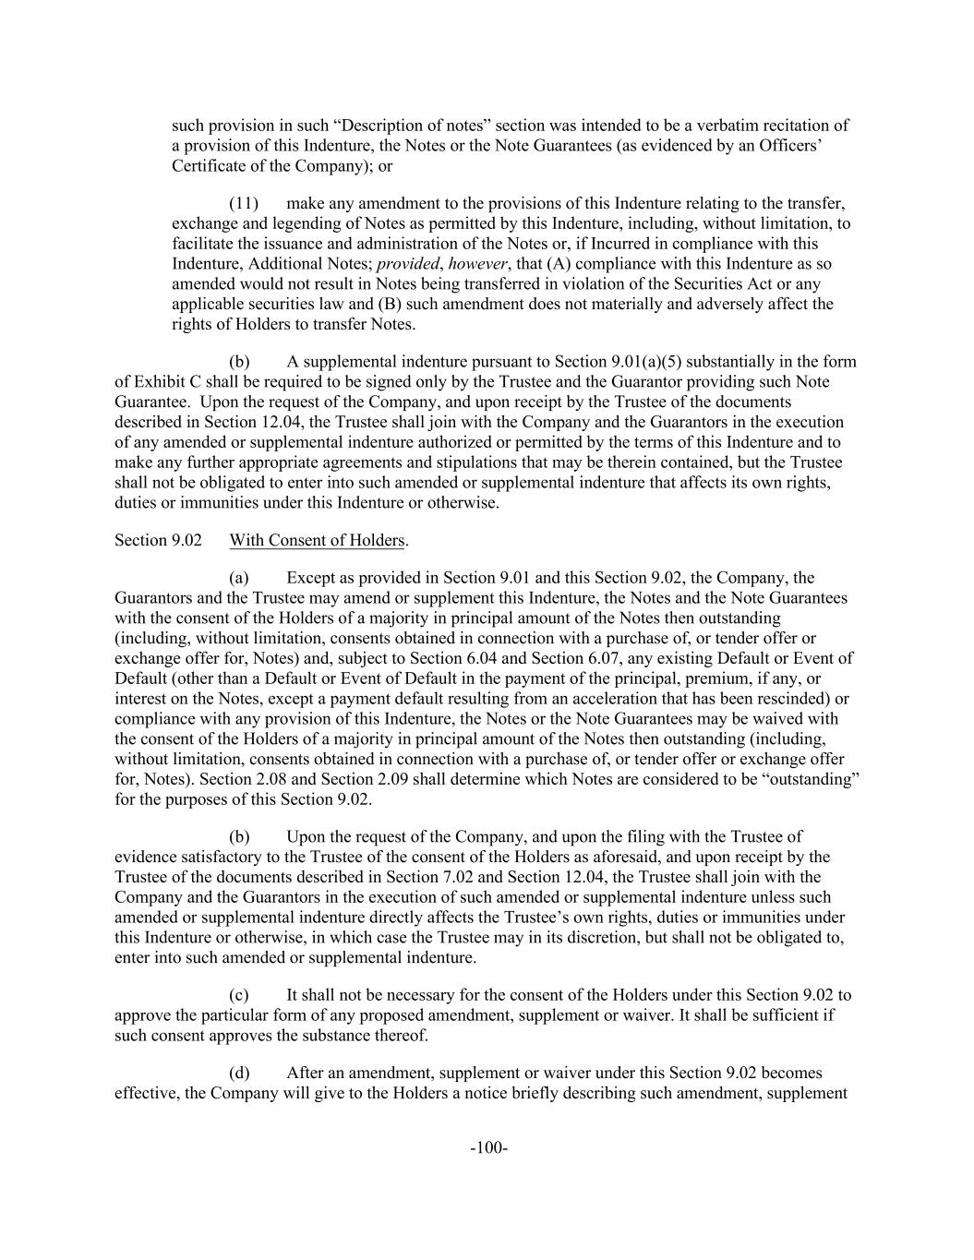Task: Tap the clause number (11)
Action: coord(245,203)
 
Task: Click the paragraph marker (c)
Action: coord(239,995)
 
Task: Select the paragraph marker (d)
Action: coord(239,1073)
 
